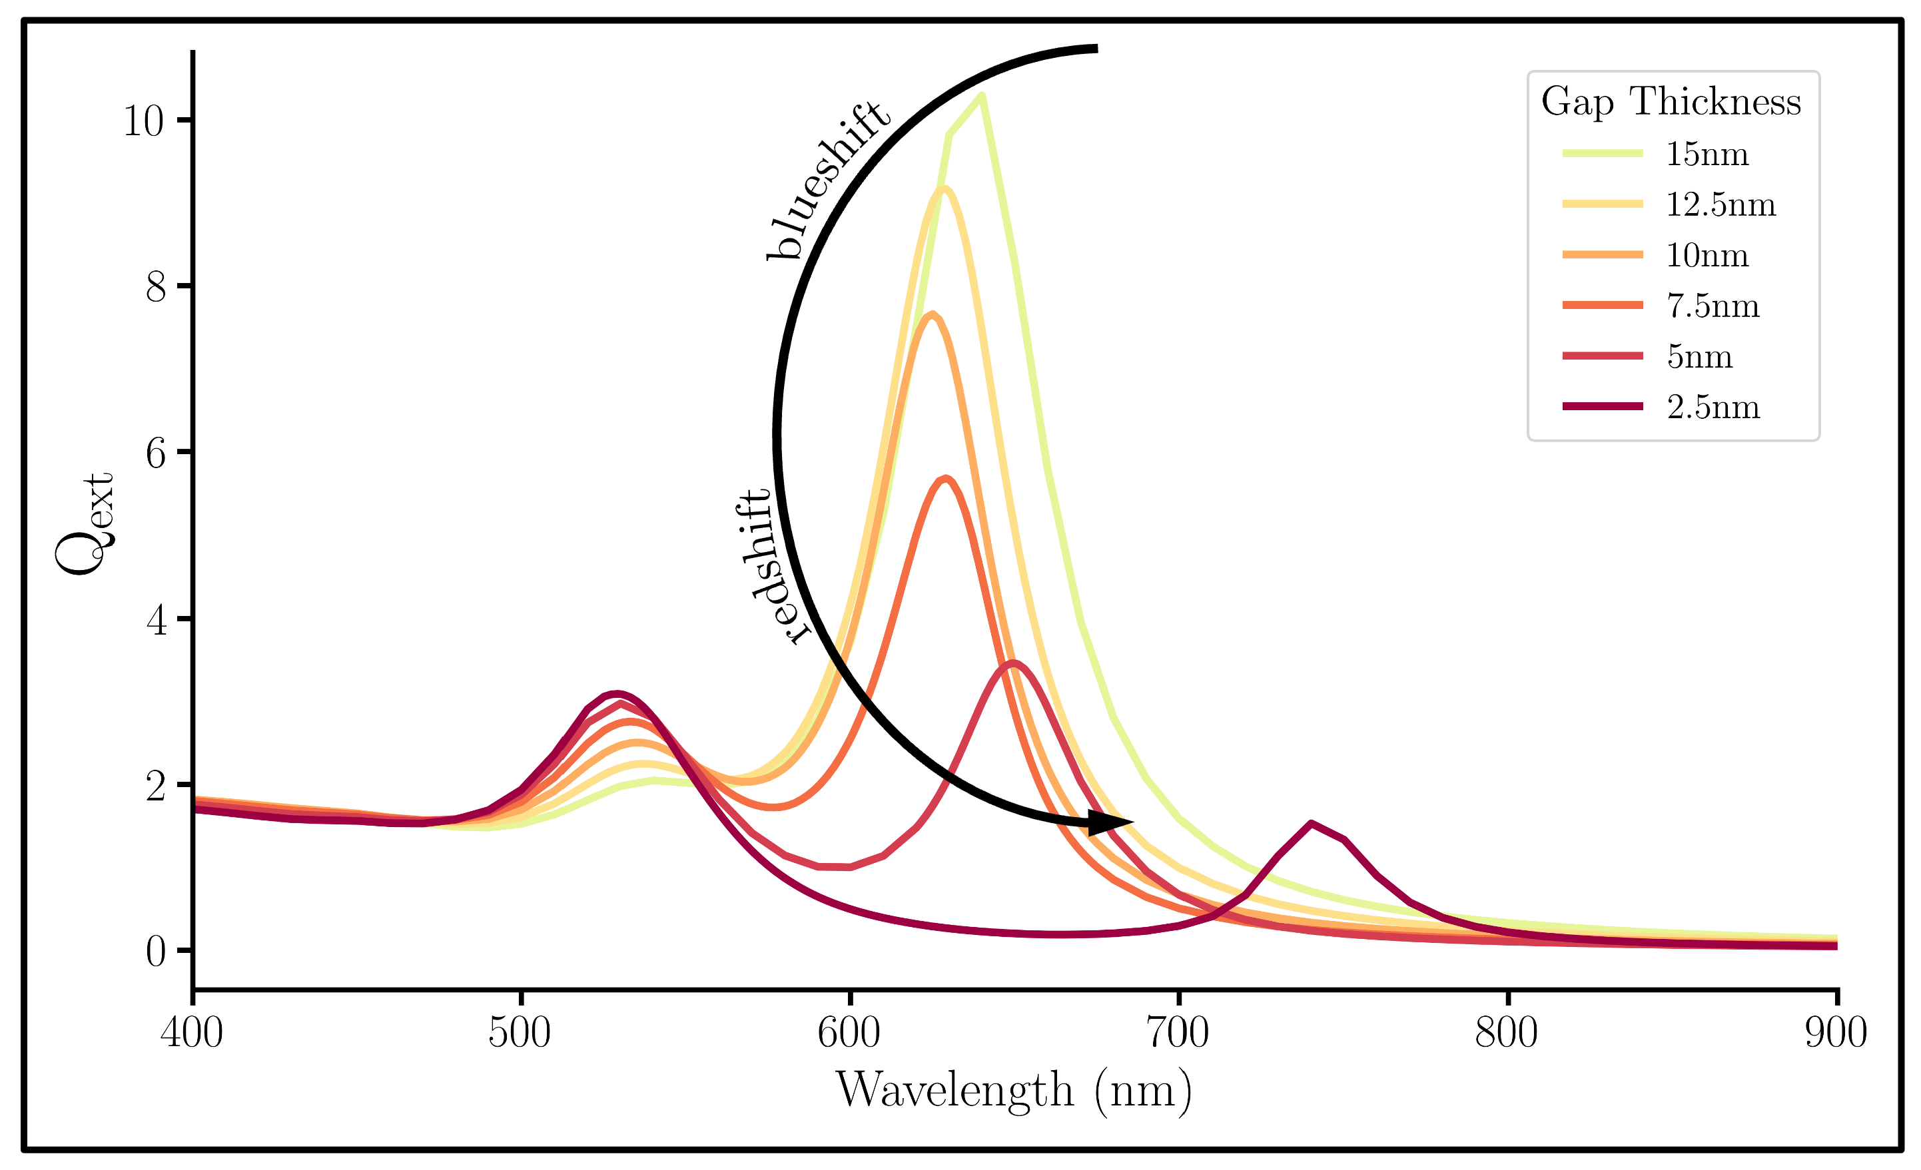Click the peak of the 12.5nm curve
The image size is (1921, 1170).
[943, 188]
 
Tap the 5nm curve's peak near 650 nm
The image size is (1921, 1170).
[1012, 663]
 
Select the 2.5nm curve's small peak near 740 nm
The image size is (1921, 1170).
[1312, 823]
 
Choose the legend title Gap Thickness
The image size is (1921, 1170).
[1671, 101]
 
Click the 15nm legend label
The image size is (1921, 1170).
[1707, 154]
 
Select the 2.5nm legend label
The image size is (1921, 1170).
[1713, 407]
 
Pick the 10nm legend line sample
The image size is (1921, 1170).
[1602, 255]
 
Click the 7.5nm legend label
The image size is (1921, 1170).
[1713, 306]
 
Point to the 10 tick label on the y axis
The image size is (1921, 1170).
[143, 121]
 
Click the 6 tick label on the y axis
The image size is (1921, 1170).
[155, 453]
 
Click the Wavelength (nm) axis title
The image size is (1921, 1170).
[1014, 1089]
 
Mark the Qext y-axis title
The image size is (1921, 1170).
[84, 523]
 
